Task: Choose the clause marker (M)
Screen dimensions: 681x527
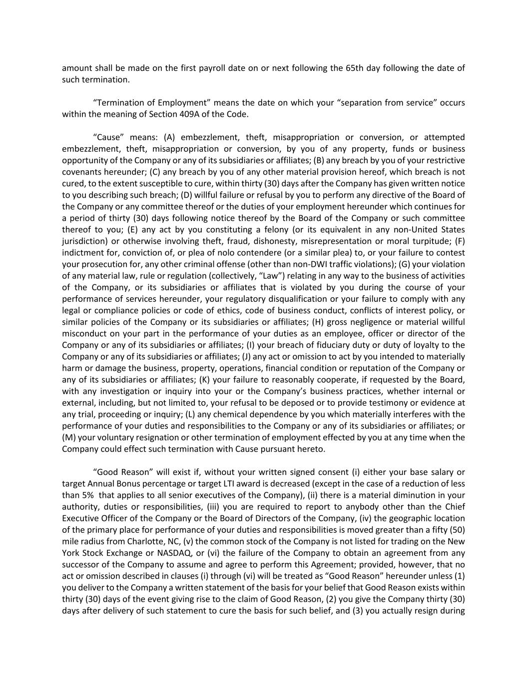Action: click(x=69, y=437)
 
